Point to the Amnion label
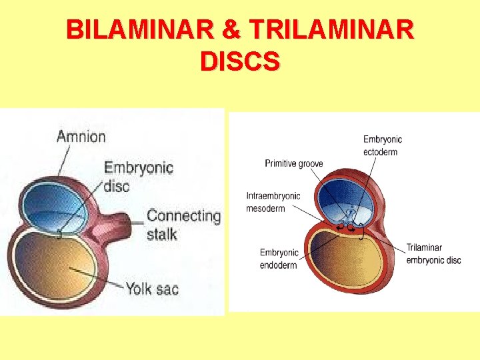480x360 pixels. point(81,137)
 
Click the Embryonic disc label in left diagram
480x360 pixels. point(138,176)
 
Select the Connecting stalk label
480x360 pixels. point(183,224)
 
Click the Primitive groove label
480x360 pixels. point(293,163)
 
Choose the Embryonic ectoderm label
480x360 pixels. point(383,145)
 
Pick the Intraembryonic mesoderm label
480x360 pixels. point(273,202)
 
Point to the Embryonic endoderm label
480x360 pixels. point(279,258)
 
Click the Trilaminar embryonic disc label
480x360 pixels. point(433,254)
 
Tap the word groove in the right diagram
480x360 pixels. point(308,163)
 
